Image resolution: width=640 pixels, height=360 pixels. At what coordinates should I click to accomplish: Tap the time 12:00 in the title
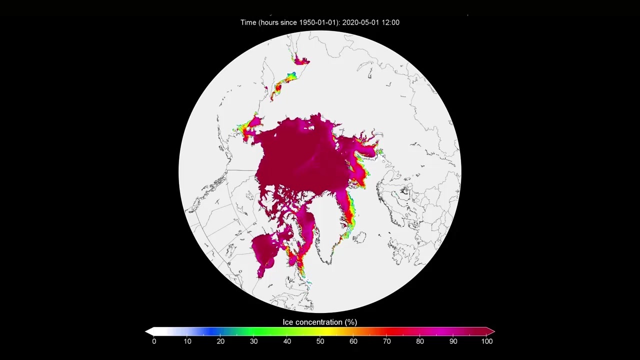click(x=390, y=22)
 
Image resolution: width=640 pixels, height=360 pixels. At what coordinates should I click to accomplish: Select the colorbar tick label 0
click(x=154, y=341)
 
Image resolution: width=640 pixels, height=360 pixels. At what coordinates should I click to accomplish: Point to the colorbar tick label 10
click(x=187, y=341)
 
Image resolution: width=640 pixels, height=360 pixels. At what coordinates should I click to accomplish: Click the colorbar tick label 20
click(x=220, y=341)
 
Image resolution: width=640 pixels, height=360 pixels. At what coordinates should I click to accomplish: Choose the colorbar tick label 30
click(x=254, y=341)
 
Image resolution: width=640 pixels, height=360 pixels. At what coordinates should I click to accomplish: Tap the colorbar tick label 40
click(x=287, y=341)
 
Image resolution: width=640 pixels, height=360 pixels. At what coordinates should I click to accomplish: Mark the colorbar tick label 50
click(x=320, y=341)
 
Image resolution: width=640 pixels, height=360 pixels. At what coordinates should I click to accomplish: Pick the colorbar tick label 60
click(x=353, y=341)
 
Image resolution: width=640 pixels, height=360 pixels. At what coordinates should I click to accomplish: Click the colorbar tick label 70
click(x=386, y=341)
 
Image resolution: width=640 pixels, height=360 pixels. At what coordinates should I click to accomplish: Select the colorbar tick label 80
click(x=420, y=341)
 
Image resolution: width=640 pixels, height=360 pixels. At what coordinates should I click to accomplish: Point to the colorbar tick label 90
click(x=453, y=341)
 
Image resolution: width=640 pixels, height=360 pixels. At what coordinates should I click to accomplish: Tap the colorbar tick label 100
click(x=486, y=341)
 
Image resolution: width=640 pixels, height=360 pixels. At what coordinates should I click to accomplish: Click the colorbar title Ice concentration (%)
click(x=320, y=322)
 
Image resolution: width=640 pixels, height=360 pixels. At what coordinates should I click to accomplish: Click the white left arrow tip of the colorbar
click(x=148, y=331)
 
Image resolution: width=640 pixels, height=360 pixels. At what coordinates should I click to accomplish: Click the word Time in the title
click(x=248, y=22)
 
